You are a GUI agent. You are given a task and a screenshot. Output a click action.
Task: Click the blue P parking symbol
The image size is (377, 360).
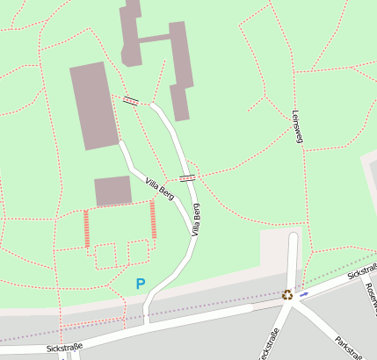(140, 284)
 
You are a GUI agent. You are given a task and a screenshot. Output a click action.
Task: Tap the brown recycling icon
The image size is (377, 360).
(287, 295)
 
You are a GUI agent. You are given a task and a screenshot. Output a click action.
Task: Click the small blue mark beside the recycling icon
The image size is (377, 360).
(304, 295)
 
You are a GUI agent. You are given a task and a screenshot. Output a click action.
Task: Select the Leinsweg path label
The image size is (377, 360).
(296, 126)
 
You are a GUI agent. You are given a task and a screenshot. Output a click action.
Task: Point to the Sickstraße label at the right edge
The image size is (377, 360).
(361, 274)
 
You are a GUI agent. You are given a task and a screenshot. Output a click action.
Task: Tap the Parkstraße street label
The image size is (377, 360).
(349, 346)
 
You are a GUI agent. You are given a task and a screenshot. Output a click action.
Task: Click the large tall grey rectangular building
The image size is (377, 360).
(94, 104)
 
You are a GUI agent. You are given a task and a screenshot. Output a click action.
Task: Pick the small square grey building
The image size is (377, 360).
(112, 191)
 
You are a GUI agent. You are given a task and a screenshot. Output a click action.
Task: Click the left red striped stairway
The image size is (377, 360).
(86, 228)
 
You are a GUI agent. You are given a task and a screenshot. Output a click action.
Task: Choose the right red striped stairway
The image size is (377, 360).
(153, 219)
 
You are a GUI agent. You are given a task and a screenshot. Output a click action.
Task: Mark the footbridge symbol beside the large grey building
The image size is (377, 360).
(131, 101)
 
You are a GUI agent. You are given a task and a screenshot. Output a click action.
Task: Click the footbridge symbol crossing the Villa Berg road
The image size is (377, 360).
(187, 178)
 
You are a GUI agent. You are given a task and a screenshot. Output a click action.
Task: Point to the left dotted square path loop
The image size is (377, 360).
(105, 256)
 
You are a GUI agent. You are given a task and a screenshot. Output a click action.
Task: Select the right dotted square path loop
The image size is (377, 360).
(138, 252)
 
